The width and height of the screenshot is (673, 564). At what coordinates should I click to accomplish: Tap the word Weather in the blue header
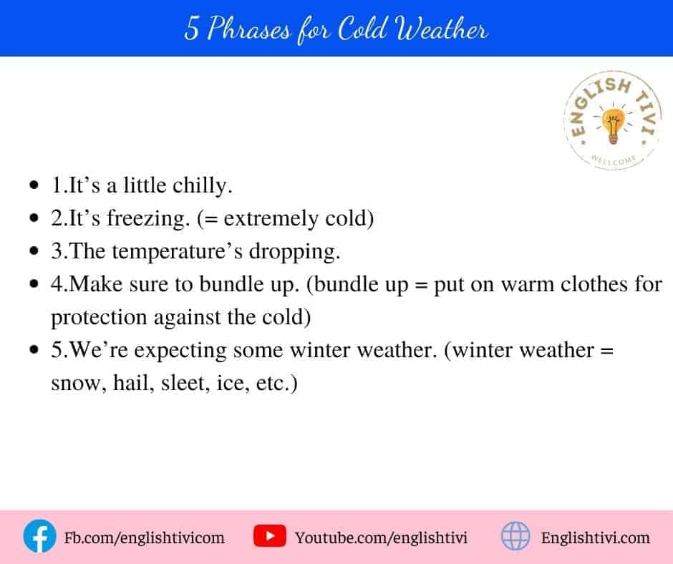(x=442, y=29)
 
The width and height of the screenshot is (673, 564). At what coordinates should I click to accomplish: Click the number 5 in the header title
(x=192, y=29)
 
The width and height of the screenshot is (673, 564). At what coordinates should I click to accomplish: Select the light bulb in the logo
(x=614, y=125)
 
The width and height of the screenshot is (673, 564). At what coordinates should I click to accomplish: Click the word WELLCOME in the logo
(x=614, y=160)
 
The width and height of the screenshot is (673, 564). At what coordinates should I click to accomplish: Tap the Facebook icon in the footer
(x=39, y=536)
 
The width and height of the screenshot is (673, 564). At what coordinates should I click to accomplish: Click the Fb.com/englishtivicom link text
(x=144, y=538)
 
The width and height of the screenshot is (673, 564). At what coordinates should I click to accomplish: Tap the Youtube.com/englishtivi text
(x=381, y=538)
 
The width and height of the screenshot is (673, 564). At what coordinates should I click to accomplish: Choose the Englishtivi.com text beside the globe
(x=595, y=538)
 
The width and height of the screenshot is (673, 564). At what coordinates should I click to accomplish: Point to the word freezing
(x=148, y=218)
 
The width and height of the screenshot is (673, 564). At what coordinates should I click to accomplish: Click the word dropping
(x=294, y=251)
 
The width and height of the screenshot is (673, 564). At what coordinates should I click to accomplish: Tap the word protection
(x=99, y=318)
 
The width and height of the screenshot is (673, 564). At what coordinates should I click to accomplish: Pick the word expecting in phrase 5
(x=180, y=351)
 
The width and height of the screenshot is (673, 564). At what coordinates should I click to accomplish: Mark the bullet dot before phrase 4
(x=34, y=283)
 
